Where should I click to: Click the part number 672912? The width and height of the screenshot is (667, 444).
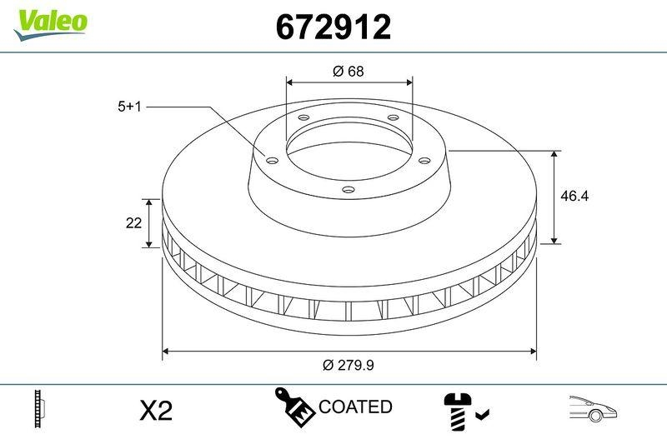(333, 27)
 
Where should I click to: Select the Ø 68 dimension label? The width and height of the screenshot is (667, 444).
(349, 72)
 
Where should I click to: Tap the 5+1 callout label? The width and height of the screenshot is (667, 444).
(131, 107)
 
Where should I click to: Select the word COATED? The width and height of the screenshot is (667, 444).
(355, 407)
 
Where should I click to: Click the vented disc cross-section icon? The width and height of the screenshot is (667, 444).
(38, 408)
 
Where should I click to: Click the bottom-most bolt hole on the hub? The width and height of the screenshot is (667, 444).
(348, 190)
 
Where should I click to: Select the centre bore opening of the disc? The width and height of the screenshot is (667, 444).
(349, 150)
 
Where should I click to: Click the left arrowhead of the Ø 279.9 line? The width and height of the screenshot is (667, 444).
(165, 352)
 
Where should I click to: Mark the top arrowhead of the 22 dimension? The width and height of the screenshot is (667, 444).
(149, 202)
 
